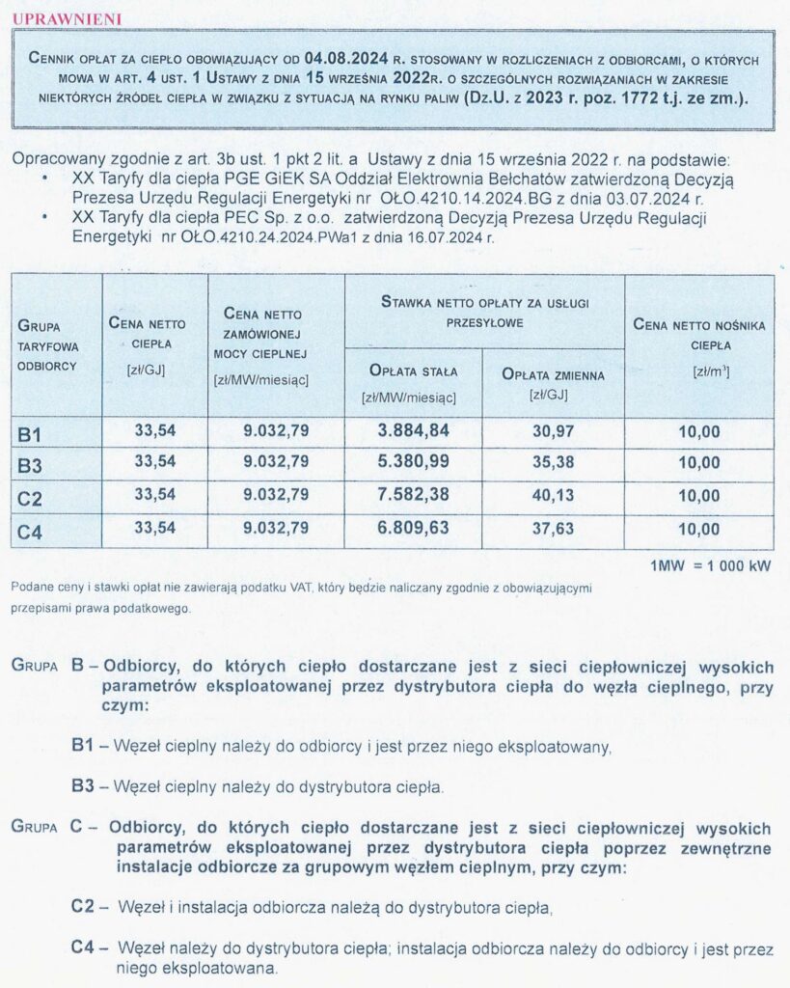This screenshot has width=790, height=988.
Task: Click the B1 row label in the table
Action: pyautogui.click(x=30, y=433)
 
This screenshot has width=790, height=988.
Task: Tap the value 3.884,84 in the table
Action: pyautogui.click(x=413, y=430)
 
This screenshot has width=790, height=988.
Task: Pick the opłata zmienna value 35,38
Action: pyautogui.click(x=553, y=462)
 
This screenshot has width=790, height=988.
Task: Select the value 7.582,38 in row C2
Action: pyautogui.click(x=413, y=495)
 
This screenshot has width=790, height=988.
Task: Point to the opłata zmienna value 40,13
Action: pyautogui.click(x=553, y=495)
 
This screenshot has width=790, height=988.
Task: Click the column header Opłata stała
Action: pyautogui.click(x=413, y=370)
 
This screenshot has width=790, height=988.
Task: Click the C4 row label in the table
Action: pyautogui.click(x=30, y=531)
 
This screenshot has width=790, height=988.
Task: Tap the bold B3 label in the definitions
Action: pyautogui.click(x=82, y=785)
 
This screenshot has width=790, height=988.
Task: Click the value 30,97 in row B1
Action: pyautogui.click(x=553, y=430)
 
